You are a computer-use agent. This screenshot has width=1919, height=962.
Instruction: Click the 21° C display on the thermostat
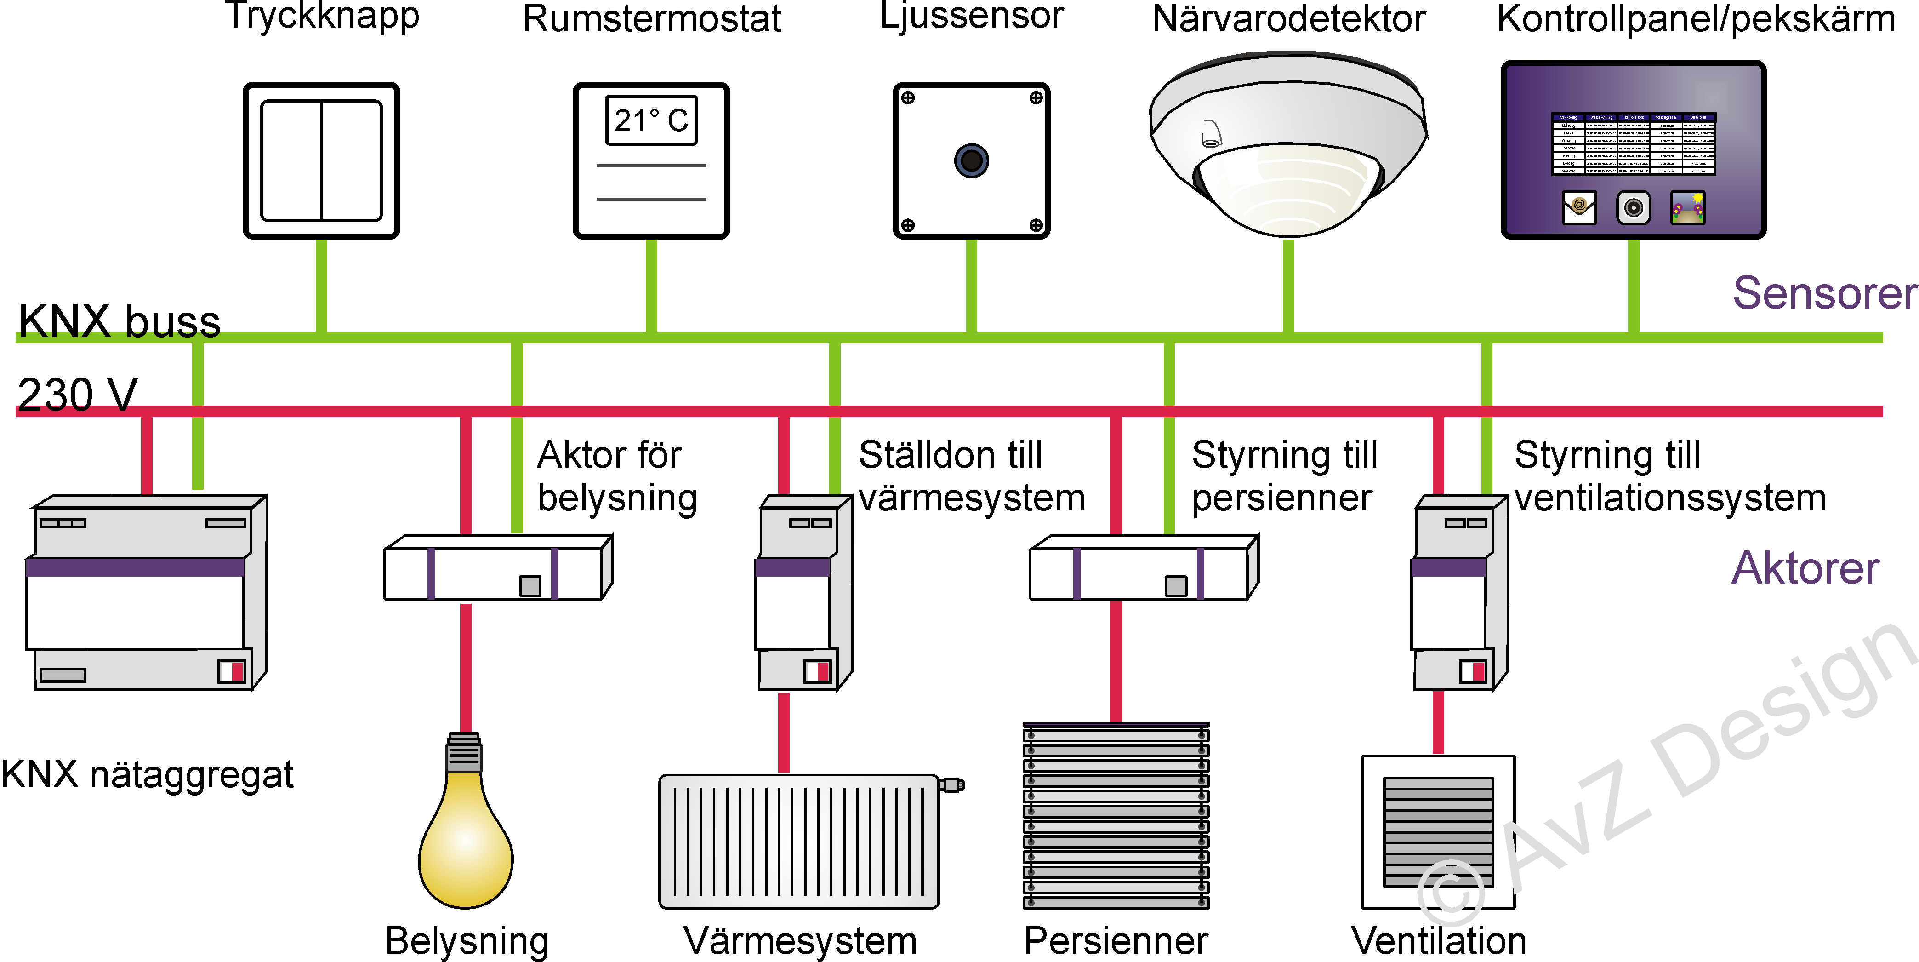(x=651, y=120)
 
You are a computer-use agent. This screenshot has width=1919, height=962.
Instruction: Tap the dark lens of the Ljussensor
(x=971, y=160)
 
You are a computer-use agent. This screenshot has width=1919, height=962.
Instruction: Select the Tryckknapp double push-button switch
(x=321, y=160)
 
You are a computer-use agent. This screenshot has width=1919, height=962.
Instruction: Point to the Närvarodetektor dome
(x=1288, y=145)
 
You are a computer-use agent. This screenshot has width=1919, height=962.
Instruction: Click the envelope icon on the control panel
(x=1578, y=207)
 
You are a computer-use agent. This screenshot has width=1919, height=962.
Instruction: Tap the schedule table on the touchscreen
(x=1633, y=144)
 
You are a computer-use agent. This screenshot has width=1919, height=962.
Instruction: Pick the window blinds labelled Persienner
(x=1115, y=816)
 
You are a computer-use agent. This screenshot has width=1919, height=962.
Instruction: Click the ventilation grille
(x=1438, y=831)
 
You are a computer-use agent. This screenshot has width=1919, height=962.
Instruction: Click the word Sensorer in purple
(x=1824, y=293)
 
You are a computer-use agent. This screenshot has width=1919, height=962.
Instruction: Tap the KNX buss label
(x=119, y=321)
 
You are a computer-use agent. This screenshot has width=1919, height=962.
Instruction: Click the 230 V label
(x=78, y=394)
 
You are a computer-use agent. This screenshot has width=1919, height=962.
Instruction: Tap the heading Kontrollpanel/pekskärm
(x=1696, y=19)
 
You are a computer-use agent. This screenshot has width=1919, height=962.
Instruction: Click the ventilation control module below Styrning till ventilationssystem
(x=1460, y=592)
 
